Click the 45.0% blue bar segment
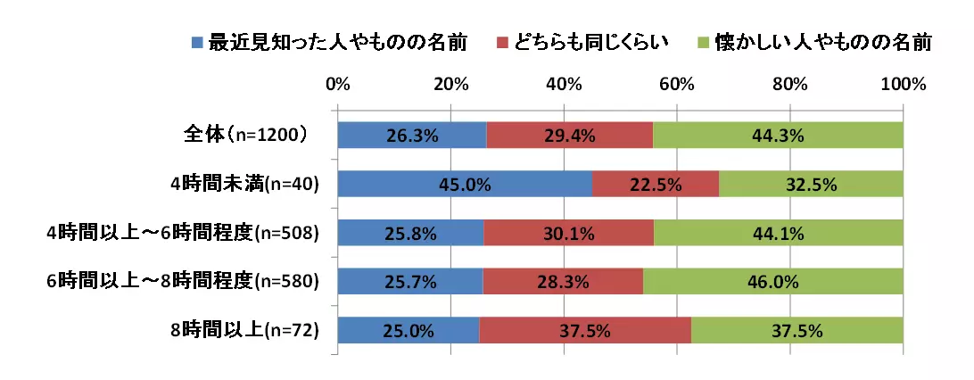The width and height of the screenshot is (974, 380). pyautogui.click(x=465, y=185)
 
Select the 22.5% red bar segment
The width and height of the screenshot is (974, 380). pyautogui.click(x=656, y=185)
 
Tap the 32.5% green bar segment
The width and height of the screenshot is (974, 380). pyautogui.click(x=811, y=185)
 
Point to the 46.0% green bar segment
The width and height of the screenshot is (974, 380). pyautogui.click(x=772, y=282)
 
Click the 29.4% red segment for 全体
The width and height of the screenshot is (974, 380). pyautogui.click(x=570, y=136)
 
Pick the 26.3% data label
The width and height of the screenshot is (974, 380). pyautogui.click(x=411, y=136)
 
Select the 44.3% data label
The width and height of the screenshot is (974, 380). pyautogui.click(x=779, y=136)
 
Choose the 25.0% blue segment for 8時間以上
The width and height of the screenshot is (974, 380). pyautogui.click(x=409, y=331)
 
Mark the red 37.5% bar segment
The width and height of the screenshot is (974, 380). pyautogui.click(x=585, y=331)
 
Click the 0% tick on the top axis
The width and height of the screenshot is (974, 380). pyautogui.click(x=337, y=85)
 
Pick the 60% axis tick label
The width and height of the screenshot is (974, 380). pyautogui.click(x=677, y=85)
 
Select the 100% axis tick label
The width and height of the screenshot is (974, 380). pyautogui.click(x=904, y=85)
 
